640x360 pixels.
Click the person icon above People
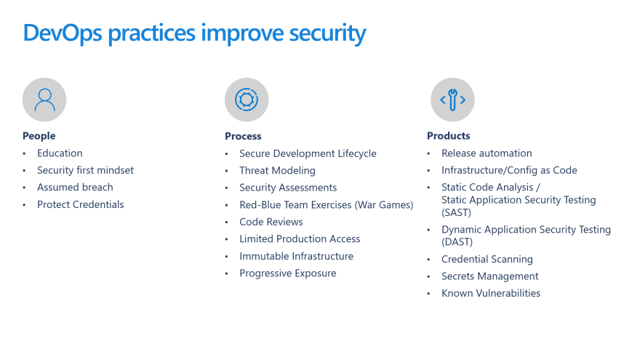[x=44, y=100]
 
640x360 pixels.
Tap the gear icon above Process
[x=247, y=100]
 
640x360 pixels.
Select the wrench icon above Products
[x=452, y=100]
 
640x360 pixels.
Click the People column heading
[x=39, y=136]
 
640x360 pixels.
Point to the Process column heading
[x=243, y=136]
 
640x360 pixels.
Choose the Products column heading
[x=449, y=136]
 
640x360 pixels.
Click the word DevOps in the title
[x=63, y=33]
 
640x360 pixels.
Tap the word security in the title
[x=328, y=33]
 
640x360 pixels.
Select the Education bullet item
[x=60, y=153]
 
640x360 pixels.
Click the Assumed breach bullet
[x=75, y=188]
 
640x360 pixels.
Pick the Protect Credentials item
[x=81, y=204]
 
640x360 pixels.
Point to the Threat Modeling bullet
[x=278, y=171]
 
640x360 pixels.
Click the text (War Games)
[x=384, y=205]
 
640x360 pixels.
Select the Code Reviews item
[x=271, y=222]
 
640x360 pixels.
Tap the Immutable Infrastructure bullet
[x=297, y=256]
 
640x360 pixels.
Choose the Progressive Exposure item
[x=288, y=273]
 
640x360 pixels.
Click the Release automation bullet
[x=487, y=153]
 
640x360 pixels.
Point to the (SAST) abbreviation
[x=456, y=212]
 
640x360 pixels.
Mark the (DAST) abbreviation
[x=457, y=242]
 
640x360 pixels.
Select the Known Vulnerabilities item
[x=491, y=293]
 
